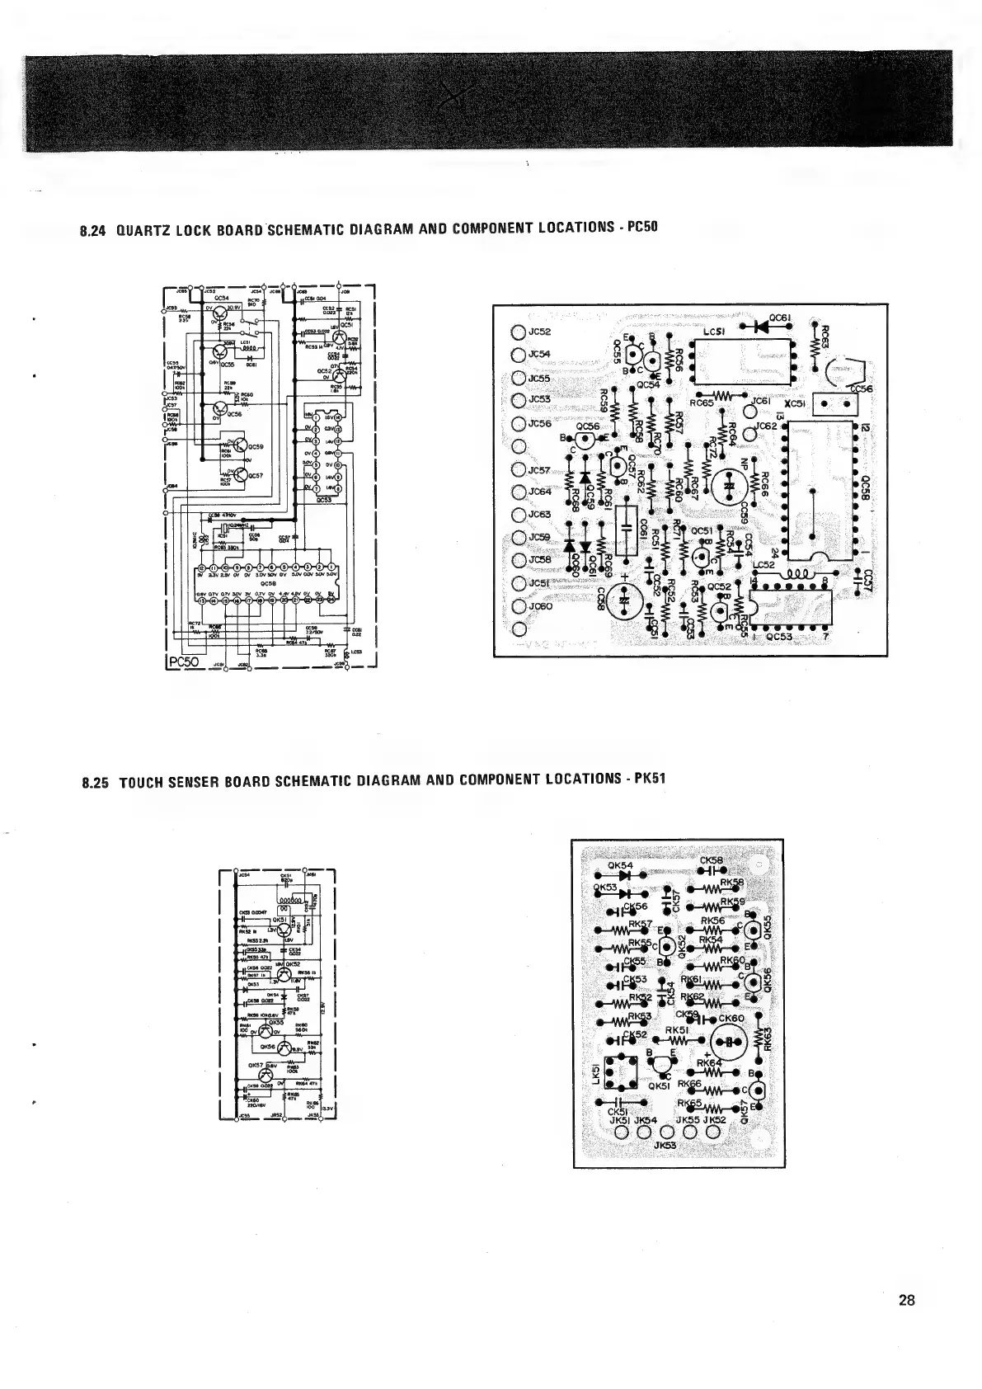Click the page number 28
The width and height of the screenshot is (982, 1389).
click(x=907, y=1302)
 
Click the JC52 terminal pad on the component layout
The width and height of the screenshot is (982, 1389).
click(x=518, y=333)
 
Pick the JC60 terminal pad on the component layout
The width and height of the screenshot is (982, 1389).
click(x=518, y=607)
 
